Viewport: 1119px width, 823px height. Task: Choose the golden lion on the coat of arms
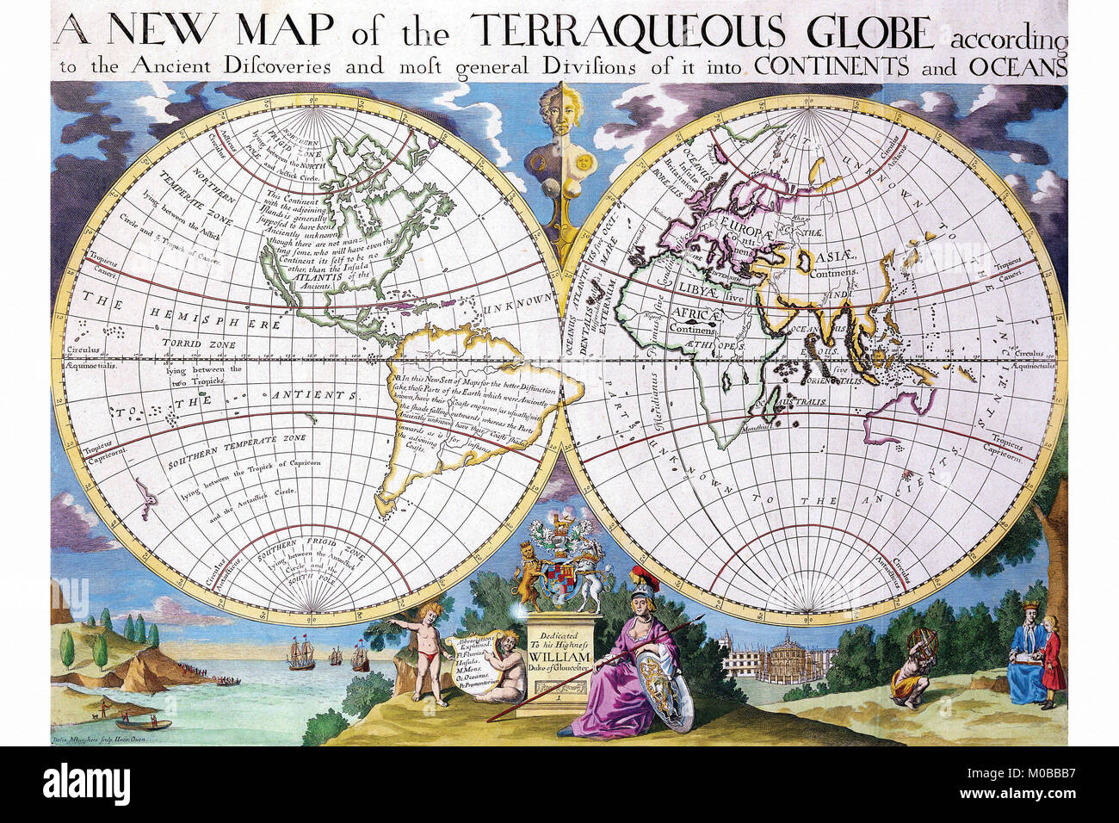tap(525, 579)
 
